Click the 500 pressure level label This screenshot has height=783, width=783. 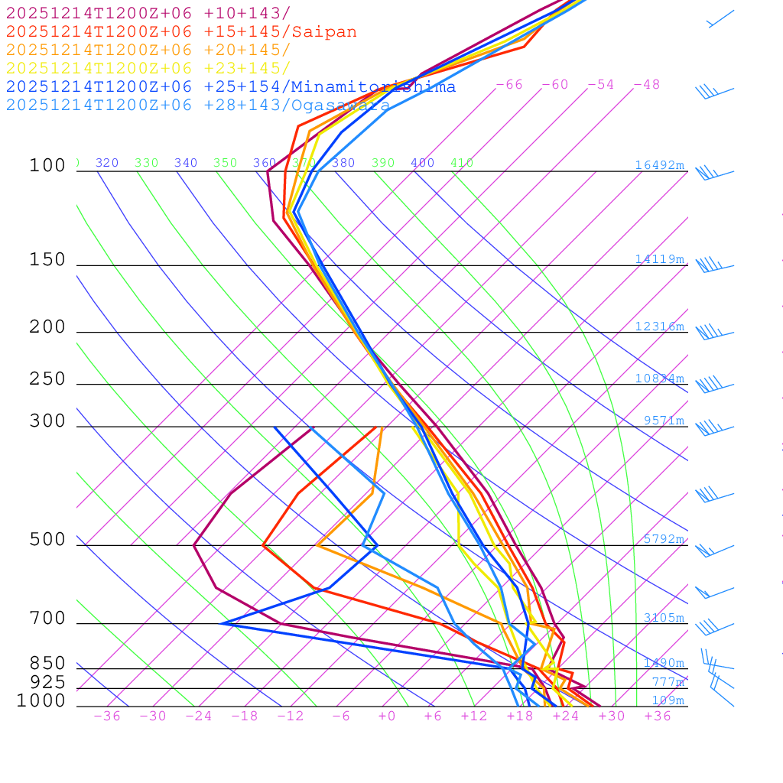tap(47, 540)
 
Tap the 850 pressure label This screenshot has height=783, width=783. tap(47, 663)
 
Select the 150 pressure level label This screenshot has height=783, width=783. tap(47, 260)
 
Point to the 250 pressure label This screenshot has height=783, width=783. tap(47, 379)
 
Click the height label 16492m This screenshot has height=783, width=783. tap(659, 165)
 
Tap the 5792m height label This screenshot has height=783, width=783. tap(663, 539)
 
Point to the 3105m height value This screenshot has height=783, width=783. tap(663, 618)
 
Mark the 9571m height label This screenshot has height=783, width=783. tap(663, 421)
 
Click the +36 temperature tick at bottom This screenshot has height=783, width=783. tap(658, 716)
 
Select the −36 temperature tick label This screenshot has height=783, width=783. tap(107, 716)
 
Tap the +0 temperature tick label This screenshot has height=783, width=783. tap(387, 716)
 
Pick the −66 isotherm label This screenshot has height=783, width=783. tap(509, 85)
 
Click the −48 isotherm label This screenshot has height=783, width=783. tap(646, 85)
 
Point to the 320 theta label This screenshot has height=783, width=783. tap(107, 163)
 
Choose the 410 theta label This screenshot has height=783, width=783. tap(462, 163)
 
